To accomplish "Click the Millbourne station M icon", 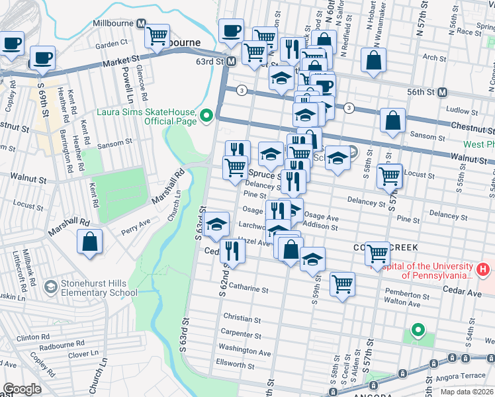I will pos(141,23).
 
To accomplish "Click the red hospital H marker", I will pos(483,270).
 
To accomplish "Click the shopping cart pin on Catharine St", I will pos(342,284).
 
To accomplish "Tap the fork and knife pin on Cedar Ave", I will pos(231,250).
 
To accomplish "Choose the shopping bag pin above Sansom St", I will pos(392,121).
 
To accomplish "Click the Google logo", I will pos(22,389).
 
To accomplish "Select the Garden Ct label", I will pos(111,44).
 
